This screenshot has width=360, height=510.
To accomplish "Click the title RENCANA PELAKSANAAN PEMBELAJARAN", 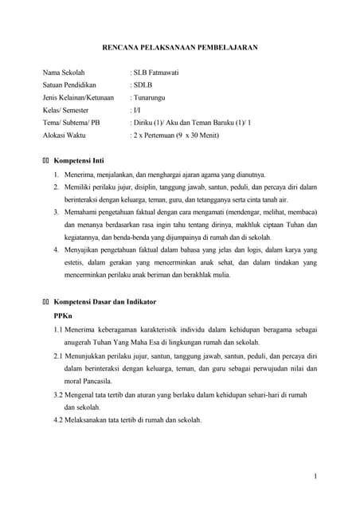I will click(x=179, y=48).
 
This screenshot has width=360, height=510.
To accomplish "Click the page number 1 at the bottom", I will click(x=315, y=477).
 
